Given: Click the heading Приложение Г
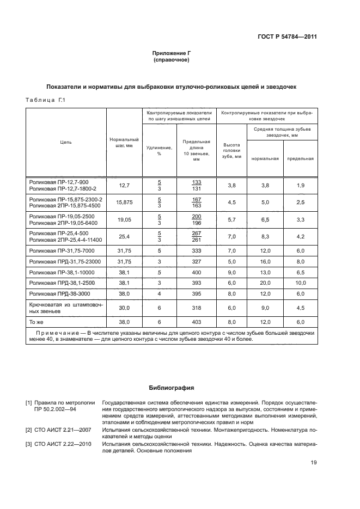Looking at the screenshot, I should click(172, 53).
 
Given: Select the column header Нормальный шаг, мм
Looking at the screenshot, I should click(124, 143).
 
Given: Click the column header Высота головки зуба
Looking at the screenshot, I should click(231, 151).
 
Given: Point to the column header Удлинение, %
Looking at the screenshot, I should click(159, 151).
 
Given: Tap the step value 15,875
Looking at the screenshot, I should click(124, 203).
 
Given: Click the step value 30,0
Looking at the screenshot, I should click(124, 308).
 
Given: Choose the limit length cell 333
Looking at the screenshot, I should click(196, 251).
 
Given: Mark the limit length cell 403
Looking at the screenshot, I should click(196, 322).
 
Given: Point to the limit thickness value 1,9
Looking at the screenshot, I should click(300, 186).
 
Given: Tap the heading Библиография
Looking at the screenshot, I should click(172, 388).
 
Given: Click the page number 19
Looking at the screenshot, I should click(313, 463).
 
